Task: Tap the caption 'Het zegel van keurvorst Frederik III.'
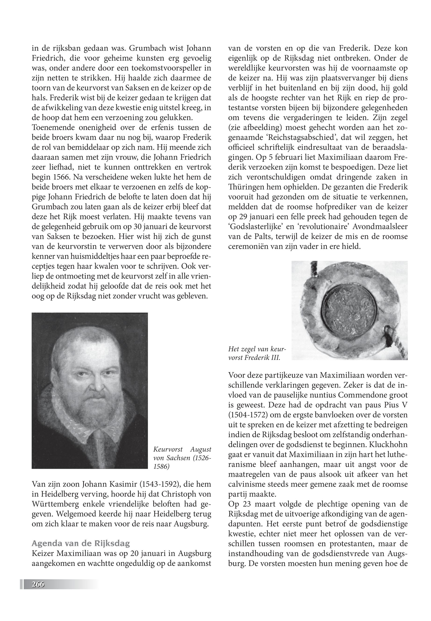tap(256, 353)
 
